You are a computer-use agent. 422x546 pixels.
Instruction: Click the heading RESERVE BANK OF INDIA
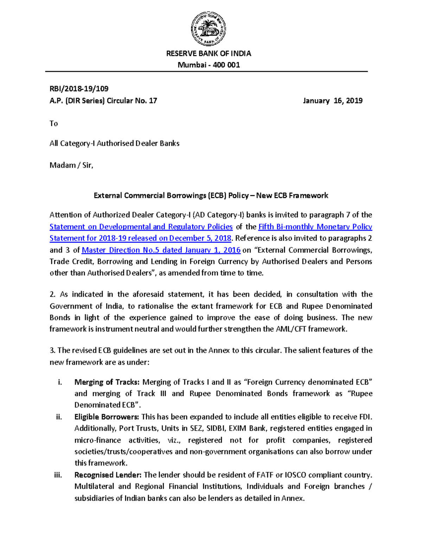point(209,53)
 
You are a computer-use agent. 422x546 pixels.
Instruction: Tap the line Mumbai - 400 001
point(209,65)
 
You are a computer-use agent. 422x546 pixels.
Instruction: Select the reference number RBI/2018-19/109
point(79,89)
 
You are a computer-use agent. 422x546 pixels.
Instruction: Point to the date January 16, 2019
point(332,101)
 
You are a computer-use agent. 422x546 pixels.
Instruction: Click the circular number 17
point(153,101)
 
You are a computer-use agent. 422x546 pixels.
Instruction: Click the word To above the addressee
point(53,123)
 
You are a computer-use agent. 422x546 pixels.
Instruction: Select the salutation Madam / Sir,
point(71,165)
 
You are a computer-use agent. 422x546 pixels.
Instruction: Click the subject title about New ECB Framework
point(211,195)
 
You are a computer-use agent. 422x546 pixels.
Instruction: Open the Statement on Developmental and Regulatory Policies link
point(141,227)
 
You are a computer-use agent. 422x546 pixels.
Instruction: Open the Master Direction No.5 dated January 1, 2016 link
point(161,250)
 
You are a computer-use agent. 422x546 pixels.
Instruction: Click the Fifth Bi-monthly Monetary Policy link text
point(315,227)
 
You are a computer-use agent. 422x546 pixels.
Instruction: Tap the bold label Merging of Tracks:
point(107,382)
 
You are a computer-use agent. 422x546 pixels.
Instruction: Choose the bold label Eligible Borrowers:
point(107,417)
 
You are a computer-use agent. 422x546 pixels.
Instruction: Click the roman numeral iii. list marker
point(58,475)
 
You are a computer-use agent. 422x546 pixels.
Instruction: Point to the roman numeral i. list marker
point(60,382)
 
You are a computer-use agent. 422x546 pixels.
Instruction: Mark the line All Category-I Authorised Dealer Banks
point(114,143)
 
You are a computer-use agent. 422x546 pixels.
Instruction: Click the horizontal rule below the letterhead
point(206,71)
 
